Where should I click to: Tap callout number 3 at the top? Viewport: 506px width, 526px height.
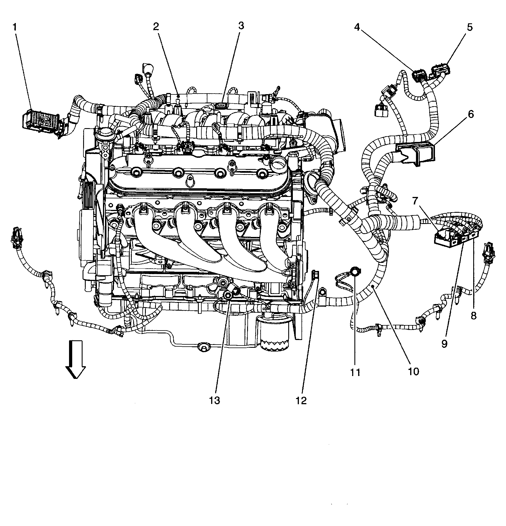coord(241,26)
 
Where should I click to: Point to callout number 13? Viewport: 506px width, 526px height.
coord(215,400)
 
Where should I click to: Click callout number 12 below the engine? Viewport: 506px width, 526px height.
coord(301,400)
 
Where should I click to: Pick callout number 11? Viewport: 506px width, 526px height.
coord(355,372)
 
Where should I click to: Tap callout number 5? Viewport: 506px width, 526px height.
coord(469,27)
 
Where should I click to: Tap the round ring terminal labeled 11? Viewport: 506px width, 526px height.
coord(355,271)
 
